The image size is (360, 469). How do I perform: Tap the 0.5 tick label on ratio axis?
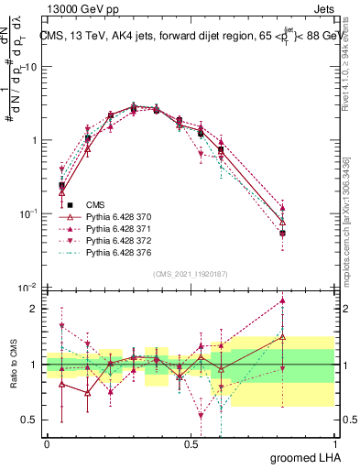pos(30,420)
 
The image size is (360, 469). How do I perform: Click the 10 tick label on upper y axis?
pos(30,67)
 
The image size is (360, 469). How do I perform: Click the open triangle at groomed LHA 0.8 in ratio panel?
pos(283,337)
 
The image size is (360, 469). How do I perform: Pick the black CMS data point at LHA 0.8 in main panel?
pos(283,233)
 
